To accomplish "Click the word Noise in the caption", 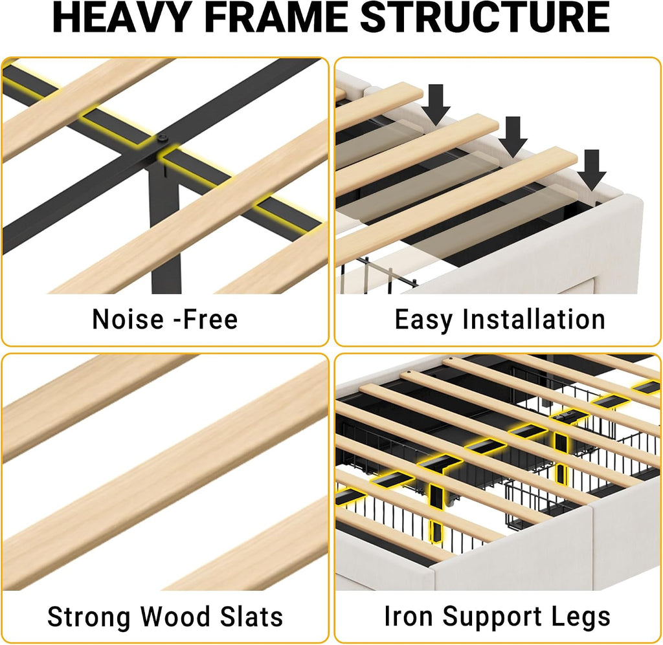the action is [128, 319].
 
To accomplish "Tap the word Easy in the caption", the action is [423, 320].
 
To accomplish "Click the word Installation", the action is [534, 319].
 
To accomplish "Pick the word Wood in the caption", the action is [175, 616].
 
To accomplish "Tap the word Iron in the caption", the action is [409, 616].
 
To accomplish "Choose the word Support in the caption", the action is [492, 618].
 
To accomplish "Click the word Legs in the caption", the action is [581, 618].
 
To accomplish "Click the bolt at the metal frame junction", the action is [162, 138].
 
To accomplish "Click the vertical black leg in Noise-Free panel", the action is [165, 228].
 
